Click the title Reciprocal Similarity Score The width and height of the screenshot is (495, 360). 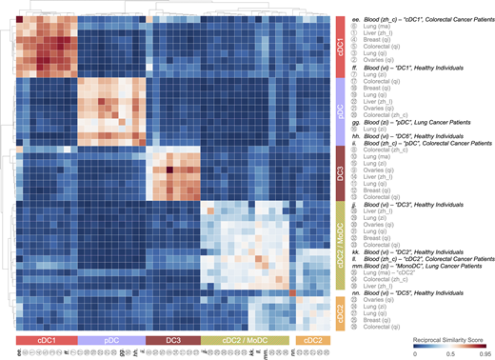coord(447,338)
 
